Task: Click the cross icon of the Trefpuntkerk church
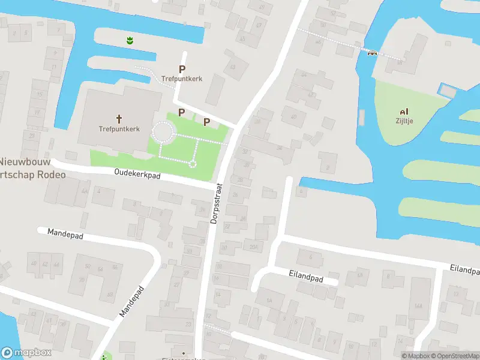pos(119,118)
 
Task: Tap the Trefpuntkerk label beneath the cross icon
pos(119,128)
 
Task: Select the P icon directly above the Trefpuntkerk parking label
pos(182,69)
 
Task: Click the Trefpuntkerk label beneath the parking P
pos(182,79)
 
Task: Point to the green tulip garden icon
pos(129,41)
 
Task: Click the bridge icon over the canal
pos(372,53)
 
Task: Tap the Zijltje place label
pos(404,121)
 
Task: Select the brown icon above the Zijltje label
pos(404,111)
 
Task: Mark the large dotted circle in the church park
pos(163,131)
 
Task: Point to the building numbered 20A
pos(253,247)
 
